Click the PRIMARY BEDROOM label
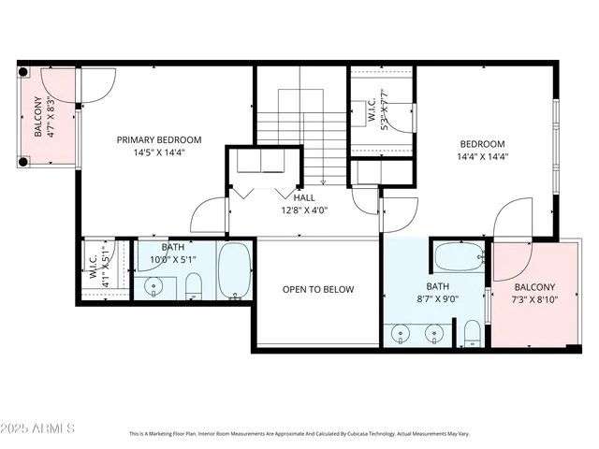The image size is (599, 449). tap(158, 139)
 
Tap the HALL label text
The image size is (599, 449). tap(304, 198)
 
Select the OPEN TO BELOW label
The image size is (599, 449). tap(318, 290)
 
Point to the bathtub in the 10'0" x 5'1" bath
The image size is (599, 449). tap(234, 270)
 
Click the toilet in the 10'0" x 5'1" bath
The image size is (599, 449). tap(194, 283)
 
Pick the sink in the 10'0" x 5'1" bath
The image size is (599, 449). tap(153, 285)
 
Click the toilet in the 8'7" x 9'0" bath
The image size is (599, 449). tap(473, 333)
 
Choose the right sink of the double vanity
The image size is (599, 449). tap(433, 333)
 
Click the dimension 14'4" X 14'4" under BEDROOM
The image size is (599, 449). tap(482, 157)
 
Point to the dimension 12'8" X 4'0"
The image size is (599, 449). tap(304, 211)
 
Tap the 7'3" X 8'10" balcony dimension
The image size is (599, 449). tap(534, 300)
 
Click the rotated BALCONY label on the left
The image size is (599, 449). tap(38, 117)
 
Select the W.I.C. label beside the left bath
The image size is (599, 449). tap(94, 268)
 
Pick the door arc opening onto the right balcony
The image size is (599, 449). tap(513, 217)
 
